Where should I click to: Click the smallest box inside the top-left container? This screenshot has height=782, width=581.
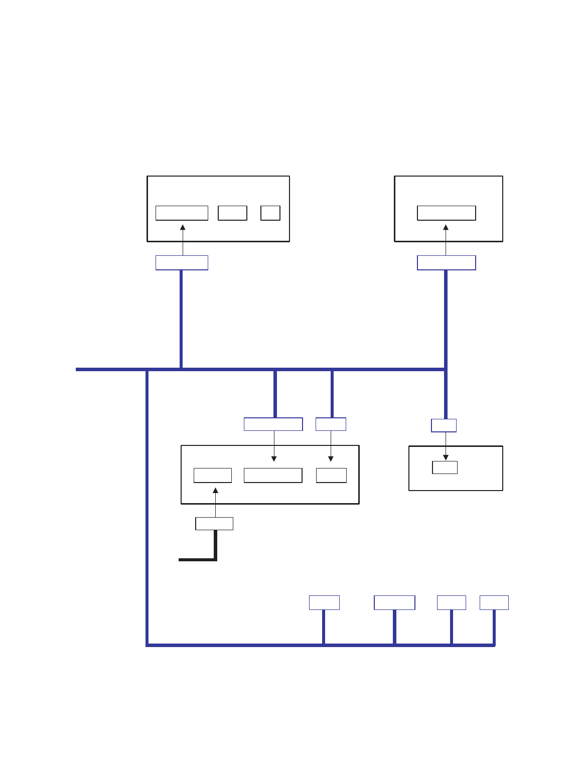tap(270, 213)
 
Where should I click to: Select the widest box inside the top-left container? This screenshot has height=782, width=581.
tap(182, 213)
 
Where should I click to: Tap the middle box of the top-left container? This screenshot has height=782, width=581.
tap(232, 213)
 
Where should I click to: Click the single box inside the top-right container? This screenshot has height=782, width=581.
tap(447, 213)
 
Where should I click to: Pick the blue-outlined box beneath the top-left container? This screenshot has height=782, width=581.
tap(182, 263)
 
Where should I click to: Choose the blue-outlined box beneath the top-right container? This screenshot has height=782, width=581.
tap(447, 263)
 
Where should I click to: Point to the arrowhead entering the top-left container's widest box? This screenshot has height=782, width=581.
tap(183, 227)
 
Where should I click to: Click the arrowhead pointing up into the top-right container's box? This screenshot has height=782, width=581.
tap(446, 227)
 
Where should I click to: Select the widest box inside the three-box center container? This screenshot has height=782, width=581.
tap(273, 476)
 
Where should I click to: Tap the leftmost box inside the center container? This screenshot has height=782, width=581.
tap(213, 476)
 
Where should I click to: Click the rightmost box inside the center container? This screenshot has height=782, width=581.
tap(331, 476)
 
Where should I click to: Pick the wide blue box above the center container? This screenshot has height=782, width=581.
tap(273, 424)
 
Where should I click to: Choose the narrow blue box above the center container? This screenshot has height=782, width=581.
tap(331, 424)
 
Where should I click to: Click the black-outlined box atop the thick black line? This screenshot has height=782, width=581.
tap(214, 524)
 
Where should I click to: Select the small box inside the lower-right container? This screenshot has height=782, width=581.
tap(445, 467)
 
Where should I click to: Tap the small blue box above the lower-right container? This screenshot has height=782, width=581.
tap(444, 426)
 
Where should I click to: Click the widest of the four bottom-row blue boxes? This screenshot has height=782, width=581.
tap(394, 602)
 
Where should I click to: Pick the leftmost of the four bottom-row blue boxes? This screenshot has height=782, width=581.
tap(324, 602)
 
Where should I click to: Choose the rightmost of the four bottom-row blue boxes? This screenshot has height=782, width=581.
tap(494, 602)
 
